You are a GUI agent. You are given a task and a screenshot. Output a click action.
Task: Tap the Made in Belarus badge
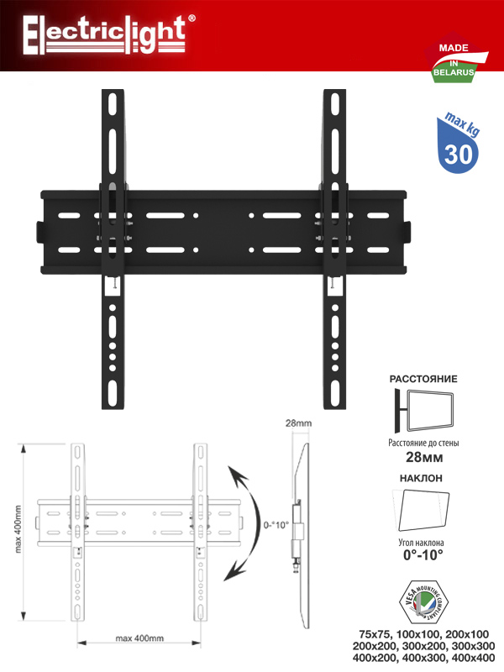tap(455, 57)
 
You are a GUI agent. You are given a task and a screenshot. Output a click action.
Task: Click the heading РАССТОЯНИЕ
tap(423, 379)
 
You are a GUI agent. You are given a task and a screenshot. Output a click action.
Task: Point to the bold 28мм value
tap(424, 457)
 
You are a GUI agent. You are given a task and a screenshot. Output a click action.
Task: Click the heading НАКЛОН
tap(421, 478)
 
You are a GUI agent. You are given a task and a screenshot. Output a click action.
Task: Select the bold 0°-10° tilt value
tap(423, 555)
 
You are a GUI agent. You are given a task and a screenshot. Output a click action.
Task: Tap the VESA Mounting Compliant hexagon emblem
tap(423, 602)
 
